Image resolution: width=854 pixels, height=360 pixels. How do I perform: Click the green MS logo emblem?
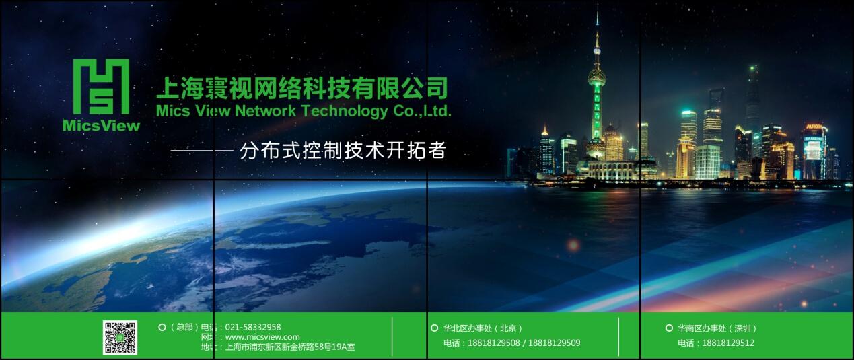click(x=101, y=87)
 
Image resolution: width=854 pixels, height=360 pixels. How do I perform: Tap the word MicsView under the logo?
click(x=102, y=126)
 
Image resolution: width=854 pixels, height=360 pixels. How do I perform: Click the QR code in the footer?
click(x=120, y=338)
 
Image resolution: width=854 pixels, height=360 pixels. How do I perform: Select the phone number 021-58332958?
click(x=253, y=327)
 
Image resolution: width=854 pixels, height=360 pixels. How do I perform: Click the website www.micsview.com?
click(x=262, y=337)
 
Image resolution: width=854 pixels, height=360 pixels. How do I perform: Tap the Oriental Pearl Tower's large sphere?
click(x=596, y=77)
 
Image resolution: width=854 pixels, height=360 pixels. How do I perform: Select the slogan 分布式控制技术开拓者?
click(x=343, y=150)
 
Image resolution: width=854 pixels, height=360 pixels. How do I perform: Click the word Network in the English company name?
click(x=265, y=111)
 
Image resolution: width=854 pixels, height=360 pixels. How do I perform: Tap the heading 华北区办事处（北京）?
click(x=483, y=328)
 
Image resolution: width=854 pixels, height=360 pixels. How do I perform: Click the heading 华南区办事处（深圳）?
click(x=717, y=328)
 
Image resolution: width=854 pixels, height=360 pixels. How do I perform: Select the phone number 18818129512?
click(x=728, y=343)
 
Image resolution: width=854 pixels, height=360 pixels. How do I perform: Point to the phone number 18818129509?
click(x=555, y=343)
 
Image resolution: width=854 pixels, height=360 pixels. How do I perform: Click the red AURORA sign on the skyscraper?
click(x=813, y=127)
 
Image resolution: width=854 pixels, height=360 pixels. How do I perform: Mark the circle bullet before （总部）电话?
click(x=162, y=327)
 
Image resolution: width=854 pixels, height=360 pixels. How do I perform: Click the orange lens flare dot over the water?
click(x=573, y=245)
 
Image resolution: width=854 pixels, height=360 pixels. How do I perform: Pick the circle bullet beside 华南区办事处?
click(x=669, y=328)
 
